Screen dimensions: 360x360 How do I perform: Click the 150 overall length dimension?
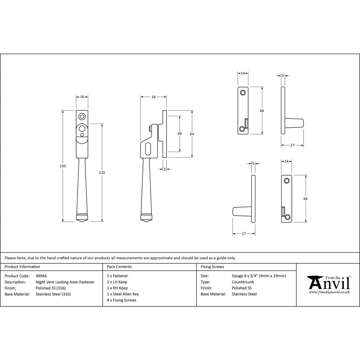tap(63, 166)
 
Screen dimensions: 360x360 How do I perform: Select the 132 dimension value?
tap(102, 173)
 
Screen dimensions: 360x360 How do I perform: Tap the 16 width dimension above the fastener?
tap(82, 97)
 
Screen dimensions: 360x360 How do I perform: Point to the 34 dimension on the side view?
tap(153, 97)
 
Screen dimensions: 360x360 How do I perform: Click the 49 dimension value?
tap(180, 134)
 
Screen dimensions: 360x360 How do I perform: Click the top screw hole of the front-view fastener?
tap(82, 117)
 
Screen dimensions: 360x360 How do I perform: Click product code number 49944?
tap(41, 276)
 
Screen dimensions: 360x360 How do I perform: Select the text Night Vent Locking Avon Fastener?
tap(65, 282)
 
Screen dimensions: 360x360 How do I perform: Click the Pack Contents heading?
tap(119, 267)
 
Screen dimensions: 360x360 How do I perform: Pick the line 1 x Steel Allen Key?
tap(122, 294)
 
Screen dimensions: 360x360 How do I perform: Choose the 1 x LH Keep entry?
tap(117, 282)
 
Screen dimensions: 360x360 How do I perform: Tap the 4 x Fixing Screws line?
tap(121, 300)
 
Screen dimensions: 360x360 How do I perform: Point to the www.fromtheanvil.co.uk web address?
tap(329, 292)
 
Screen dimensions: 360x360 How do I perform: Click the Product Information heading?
tap(22, 267)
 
